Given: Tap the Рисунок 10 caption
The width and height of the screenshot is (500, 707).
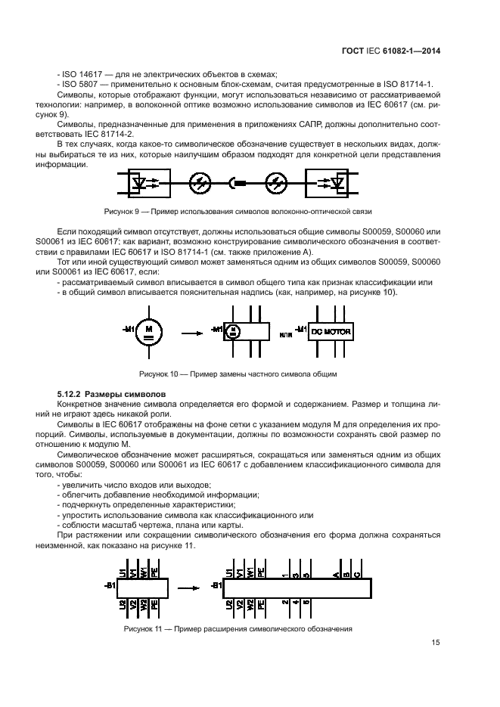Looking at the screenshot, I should pos(238,374).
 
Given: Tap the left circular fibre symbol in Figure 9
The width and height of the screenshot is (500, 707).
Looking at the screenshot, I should pos(201,182).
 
